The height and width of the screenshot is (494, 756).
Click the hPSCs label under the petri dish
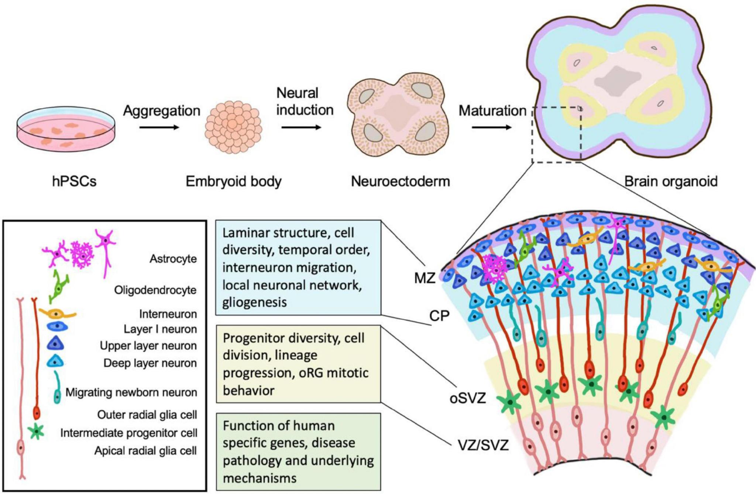pos(74,181)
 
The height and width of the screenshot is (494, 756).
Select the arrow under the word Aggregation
pos(159,127)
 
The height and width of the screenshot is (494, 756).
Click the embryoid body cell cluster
pos(234,126)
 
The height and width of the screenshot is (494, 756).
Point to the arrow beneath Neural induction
pos(301,127)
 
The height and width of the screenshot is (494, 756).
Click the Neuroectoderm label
pos(401,181)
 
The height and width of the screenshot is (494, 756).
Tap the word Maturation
pos(492,110)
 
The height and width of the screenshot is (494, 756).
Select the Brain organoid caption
pos(671,181)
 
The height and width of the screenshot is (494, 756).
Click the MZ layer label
pos(425,278)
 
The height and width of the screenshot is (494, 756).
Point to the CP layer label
pos(439,316)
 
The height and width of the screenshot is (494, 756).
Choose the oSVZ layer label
pos(468,398)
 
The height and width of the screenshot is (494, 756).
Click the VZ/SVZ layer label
pos(483,445)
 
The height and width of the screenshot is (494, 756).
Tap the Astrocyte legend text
pos(173,259)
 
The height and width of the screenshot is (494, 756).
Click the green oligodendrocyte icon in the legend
pos(58,287)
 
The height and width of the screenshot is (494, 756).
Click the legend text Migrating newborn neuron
pos(131,392)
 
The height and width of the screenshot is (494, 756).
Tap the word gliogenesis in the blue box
pos(255,302)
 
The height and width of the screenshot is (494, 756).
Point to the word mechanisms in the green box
pos(260,478)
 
